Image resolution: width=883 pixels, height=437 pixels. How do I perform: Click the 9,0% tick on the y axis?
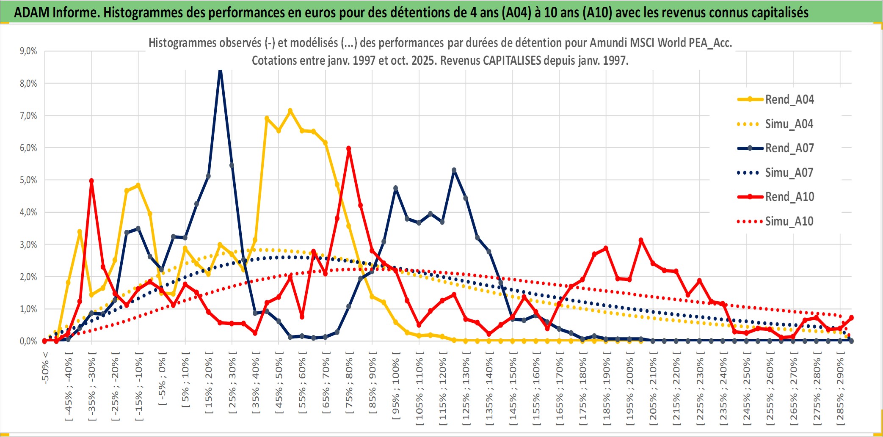click(28, 51)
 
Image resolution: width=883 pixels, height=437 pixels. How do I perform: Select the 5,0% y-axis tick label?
click(28, 180)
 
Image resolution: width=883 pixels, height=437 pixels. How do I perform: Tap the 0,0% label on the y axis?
click(28, 341)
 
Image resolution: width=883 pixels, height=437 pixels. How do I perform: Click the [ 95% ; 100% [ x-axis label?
click(396, 388)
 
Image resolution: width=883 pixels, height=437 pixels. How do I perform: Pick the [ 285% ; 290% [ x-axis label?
click(840, 391)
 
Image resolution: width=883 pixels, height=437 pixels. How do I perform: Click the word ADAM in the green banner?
click(32, 12)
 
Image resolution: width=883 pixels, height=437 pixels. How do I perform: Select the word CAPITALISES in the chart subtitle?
click(512, 60)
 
